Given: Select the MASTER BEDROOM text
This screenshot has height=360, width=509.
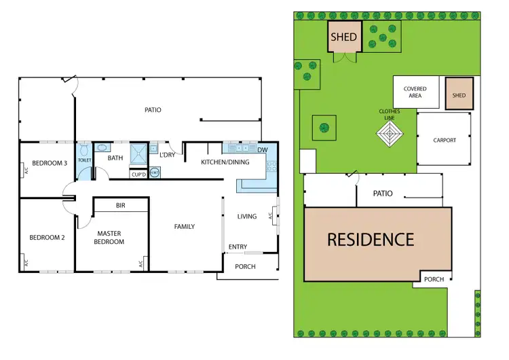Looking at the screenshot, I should (x=109, y=237).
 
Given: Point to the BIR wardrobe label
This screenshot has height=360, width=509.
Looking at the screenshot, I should (x=121, y=204).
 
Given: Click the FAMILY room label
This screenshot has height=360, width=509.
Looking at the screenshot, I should (x=185, y=227).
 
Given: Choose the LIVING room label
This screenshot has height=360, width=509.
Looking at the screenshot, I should (x=247, y=217).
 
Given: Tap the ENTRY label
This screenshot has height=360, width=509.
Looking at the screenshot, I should (x=238, y=247).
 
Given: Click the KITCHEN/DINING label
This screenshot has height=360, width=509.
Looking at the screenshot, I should (x=225, y=162).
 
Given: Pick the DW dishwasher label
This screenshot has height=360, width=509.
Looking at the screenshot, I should (x=262, y=150).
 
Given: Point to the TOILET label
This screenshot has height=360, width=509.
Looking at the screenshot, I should (x=84, y=160).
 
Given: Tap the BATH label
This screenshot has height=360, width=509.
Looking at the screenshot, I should (x=115, y=158).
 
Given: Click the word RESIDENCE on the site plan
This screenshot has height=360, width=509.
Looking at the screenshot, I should (x=371, y=239).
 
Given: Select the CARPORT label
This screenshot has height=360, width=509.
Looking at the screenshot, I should (x=445, y=141).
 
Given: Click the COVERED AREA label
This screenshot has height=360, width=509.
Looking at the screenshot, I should (x=415, y=92).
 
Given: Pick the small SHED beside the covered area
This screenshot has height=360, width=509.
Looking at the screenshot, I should (x=459, y=95).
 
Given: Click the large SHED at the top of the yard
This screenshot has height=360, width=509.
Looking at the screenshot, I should (x=343, y=37).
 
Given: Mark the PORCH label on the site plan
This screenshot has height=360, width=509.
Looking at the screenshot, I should (x=434, y=279).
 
